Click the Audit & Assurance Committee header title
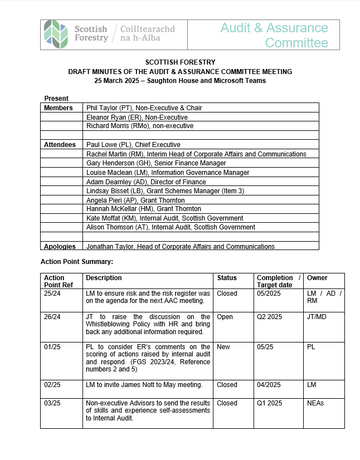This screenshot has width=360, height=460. click(274, 35)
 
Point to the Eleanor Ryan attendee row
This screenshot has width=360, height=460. click(137, 117)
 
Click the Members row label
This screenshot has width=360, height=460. click(59, 107)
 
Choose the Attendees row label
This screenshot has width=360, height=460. click(60, 145)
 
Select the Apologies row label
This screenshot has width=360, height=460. click(60, 246)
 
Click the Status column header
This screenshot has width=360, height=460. click(227, 277)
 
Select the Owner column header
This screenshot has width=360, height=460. click(317, 277)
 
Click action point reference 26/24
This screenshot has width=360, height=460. click(52, 317)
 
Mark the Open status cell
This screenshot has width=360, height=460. click(225, 317)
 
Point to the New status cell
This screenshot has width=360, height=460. click(223, 347)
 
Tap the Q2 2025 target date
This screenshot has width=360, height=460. click(270, 317)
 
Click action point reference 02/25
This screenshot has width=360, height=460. click(52, 384)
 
